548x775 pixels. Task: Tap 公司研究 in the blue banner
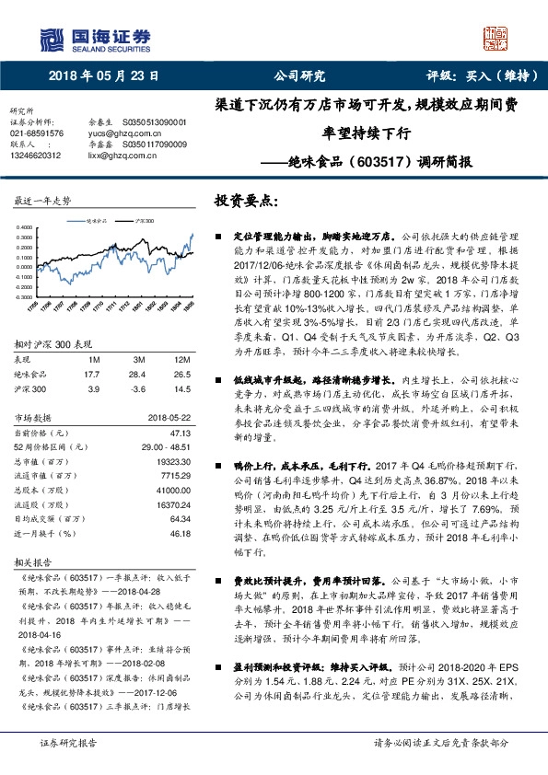[301, 76]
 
